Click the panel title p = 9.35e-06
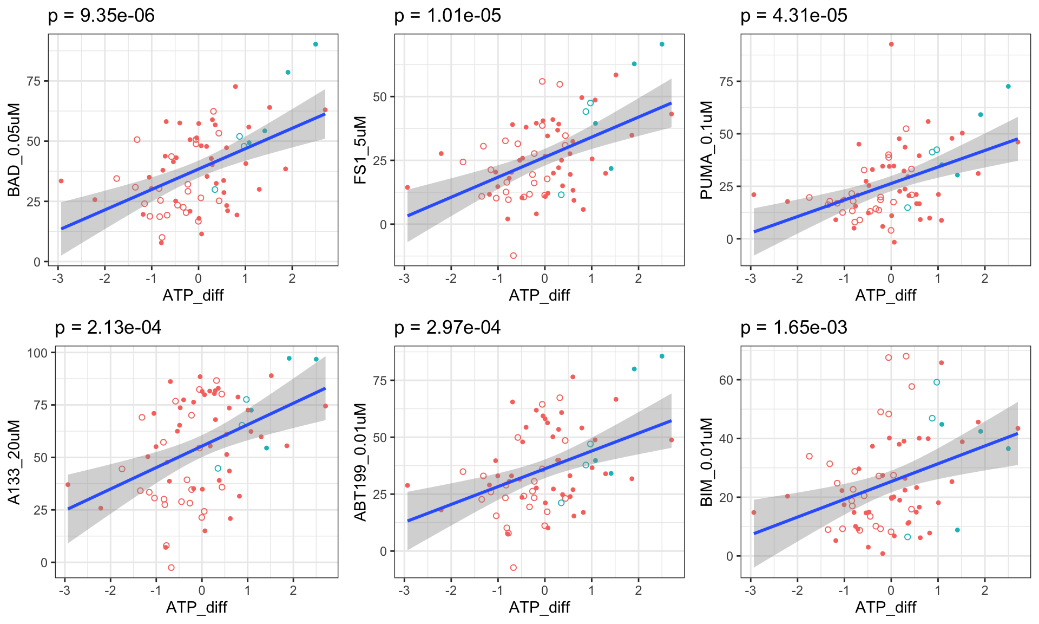[x=101, y=16]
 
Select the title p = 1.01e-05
[x=448, y=16]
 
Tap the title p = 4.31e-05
[x=794, y=16]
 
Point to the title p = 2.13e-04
[x=108, y=328]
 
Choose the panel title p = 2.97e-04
[x=448, y=328]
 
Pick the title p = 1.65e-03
[x=794, y=328]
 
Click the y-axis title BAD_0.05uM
[x=14, y=149]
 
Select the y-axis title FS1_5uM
[x=360, y=149]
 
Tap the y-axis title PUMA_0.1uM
[x=707, y=149]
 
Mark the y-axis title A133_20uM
[x=14, y=461]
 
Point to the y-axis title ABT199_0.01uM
[x=360, y=461]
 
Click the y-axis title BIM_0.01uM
[x=707, y=461]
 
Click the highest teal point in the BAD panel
[x=316, y=44]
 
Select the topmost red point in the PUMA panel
[x=891, y=44]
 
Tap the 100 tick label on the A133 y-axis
[x=37, y=353]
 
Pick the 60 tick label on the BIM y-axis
[x=726, y=380]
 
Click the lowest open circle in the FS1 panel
[x=514, y=256]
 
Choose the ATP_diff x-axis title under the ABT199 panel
[x=540, y=607]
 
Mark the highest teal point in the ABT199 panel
[x=662, y=356]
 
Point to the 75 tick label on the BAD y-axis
[x=34, y=81]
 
